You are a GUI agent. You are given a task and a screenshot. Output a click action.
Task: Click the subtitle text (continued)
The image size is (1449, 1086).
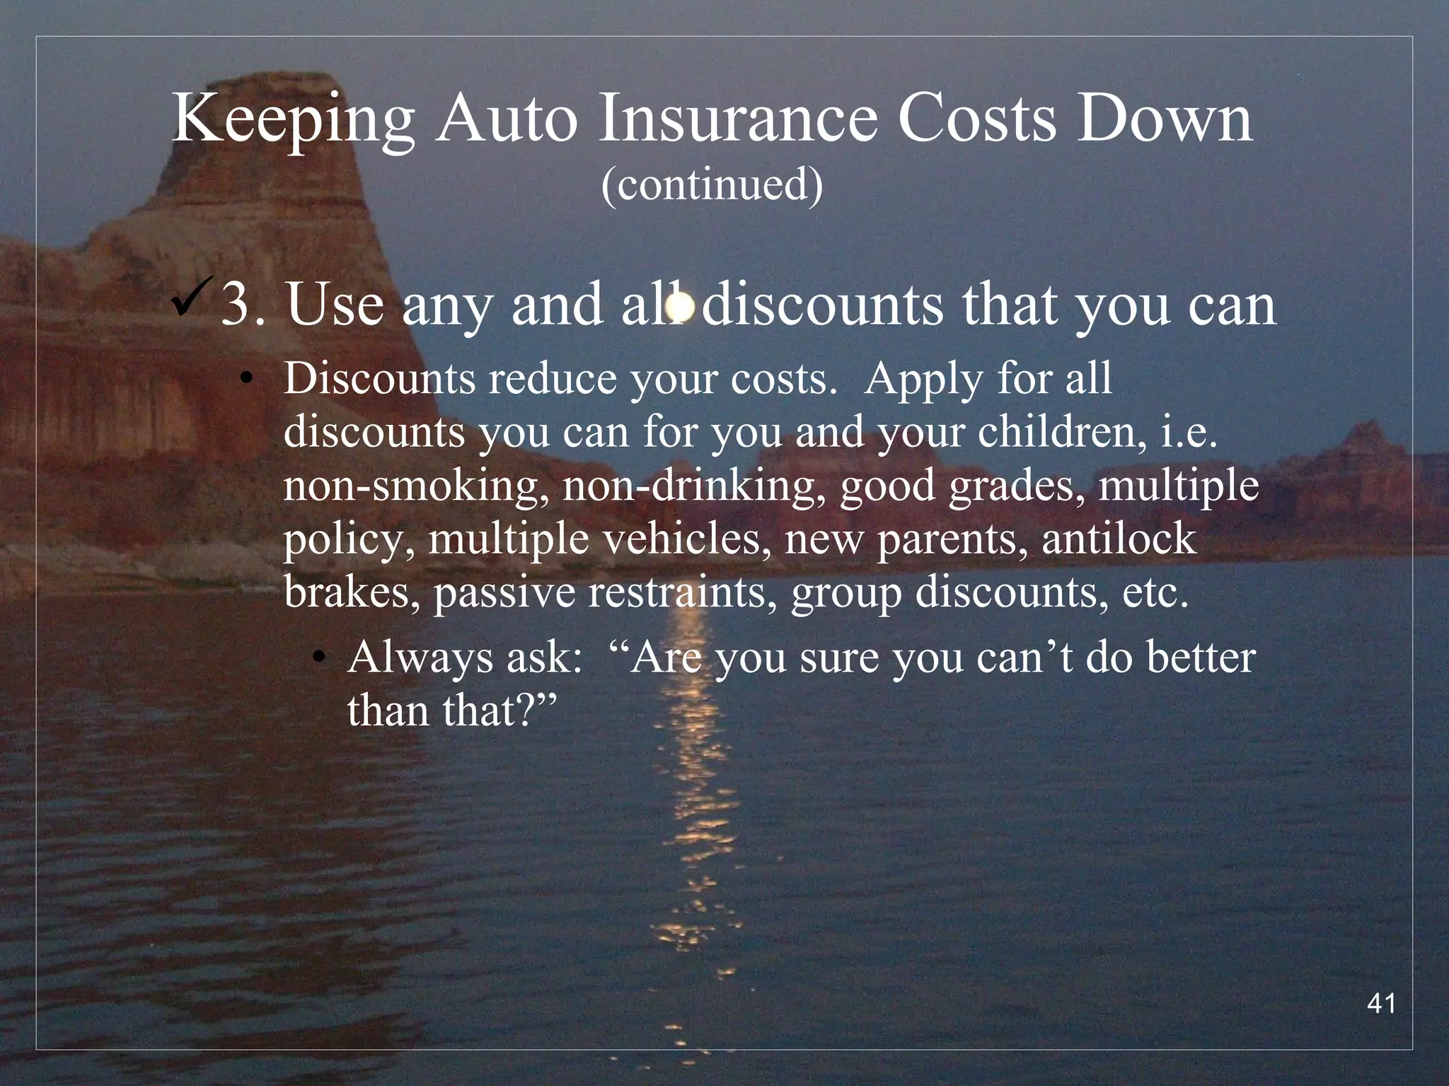tap(712, 185)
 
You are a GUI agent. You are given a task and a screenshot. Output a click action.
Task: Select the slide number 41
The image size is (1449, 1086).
tap(1382, 1003)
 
